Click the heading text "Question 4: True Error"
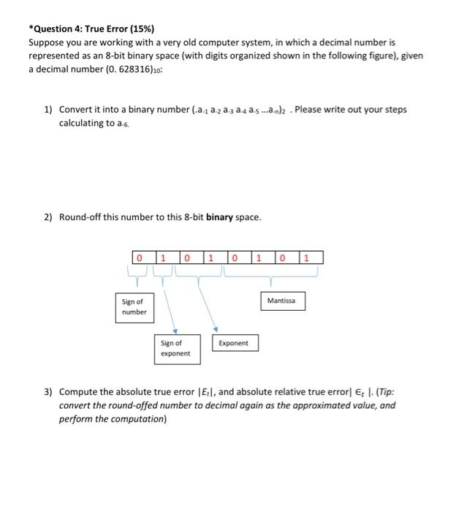(78, 29)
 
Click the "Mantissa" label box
(282, 301)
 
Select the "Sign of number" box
(134, 306)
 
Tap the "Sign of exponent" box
(175, 347)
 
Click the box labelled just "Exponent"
(234, 342)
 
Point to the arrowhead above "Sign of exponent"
(175, 329)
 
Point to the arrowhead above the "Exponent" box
(216, 328)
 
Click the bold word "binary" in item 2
(220, 217)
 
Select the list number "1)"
(48, 110)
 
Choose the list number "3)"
(48, 392)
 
